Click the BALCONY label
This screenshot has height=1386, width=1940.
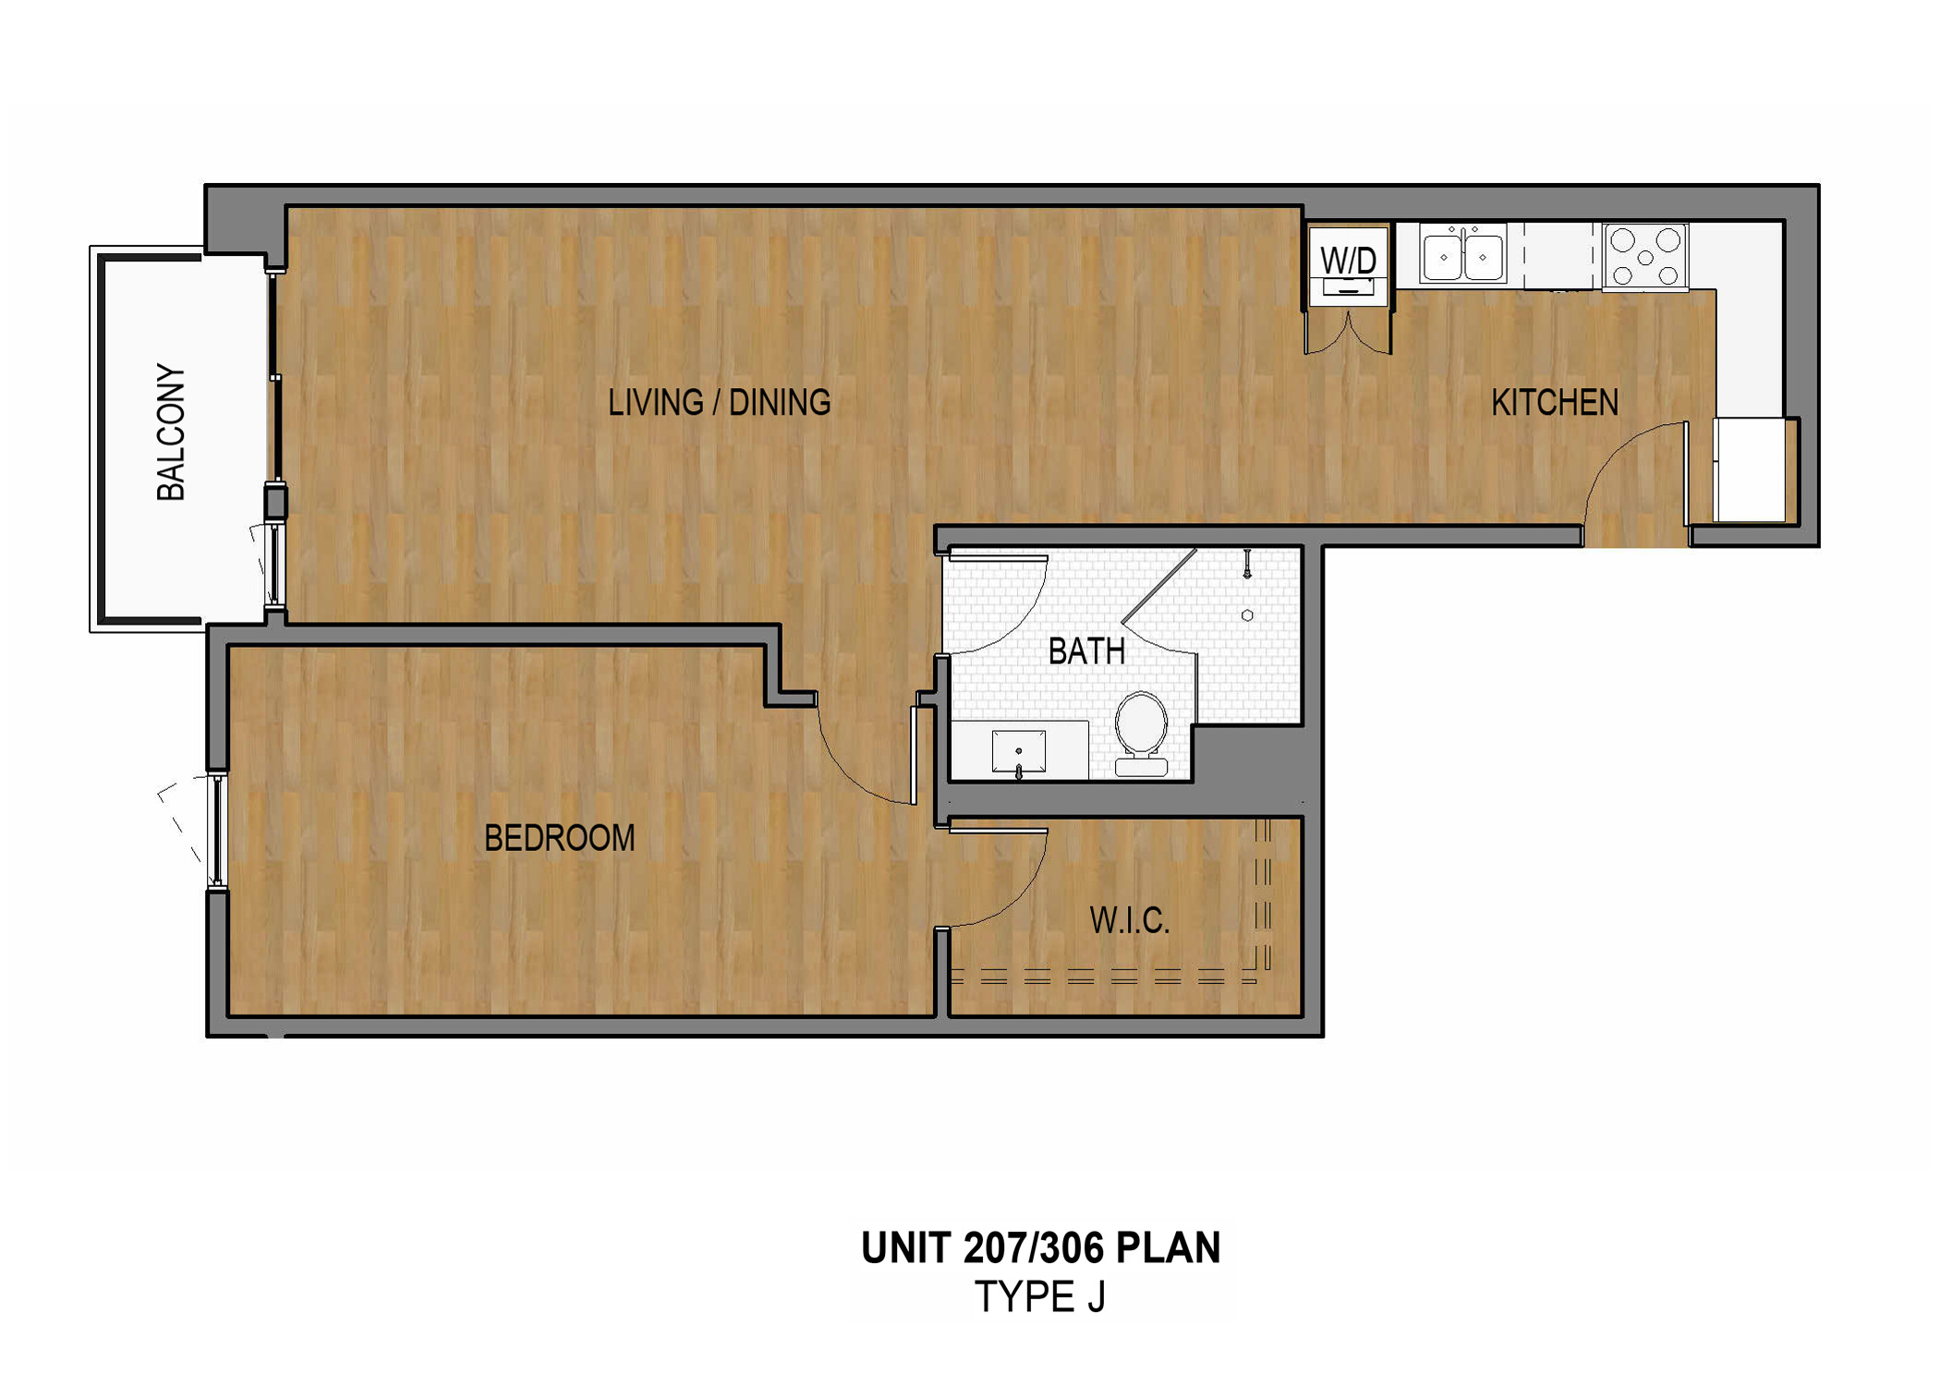point(171,432)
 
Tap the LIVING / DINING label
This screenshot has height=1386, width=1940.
point(719,403)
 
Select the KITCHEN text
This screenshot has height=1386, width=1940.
point(1554,403)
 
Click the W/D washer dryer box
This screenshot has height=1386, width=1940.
point(1348,263)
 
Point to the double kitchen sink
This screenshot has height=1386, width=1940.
point(1462,255)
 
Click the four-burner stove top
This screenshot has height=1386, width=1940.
point(1645,256)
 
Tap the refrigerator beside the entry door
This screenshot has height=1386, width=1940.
point(1749,470)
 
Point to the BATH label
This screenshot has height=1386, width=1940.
point(1086,652)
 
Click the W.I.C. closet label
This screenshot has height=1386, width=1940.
point(1129,921)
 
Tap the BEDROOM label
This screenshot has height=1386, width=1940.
point(559,838)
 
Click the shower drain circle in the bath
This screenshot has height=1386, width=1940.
point(1247,615)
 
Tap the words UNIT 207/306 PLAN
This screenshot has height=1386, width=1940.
point(1040,1247)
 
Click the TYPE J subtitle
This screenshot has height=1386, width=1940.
point(1040,1297)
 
